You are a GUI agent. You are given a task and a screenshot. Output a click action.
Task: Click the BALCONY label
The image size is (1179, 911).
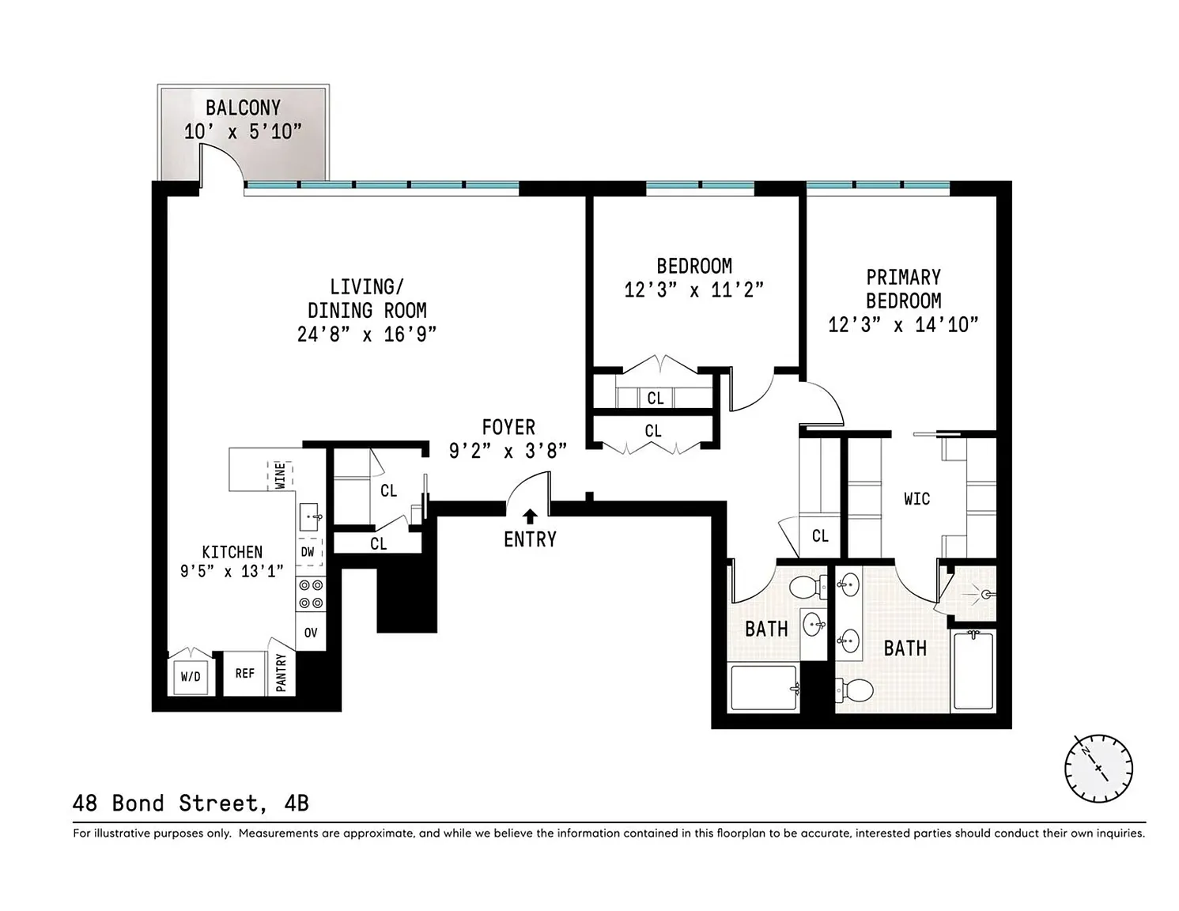[x=243, y=108]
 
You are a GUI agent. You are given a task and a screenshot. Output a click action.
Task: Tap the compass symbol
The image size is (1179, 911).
[x=1098, y=769]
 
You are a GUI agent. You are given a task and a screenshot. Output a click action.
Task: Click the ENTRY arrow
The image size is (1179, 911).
[x=530, y=516]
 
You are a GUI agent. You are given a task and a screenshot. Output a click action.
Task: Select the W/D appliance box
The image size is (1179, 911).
[x=191, y=675]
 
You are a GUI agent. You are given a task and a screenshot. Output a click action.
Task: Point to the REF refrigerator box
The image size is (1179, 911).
[x=244, y=673]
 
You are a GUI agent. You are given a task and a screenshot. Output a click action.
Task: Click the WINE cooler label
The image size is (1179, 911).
[x=281, y=475]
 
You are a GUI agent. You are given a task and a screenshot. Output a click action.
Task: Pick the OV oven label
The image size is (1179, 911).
[x=310, y=632]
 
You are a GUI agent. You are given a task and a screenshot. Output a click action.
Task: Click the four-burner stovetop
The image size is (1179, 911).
[x=311, y=594]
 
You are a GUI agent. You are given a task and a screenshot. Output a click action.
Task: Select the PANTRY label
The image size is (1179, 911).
[x=281, y=673]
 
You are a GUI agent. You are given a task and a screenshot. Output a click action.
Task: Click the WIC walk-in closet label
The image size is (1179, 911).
[x=917, y=499]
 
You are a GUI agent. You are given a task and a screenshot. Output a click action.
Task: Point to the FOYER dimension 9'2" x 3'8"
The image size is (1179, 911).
[x=508, y=450]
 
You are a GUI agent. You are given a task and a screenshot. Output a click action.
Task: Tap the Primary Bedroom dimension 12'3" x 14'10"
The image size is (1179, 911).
[x=903, y=324]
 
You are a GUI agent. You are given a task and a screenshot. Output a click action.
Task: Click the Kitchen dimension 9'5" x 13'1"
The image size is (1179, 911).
[x=232, y=571]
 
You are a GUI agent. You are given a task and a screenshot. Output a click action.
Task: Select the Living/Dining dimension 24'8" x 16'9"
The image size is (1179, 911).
[x=367, y=335]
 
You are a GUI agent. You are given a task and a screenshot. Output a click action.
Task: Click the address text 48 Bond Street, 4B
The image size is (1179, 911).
[x=191, y=803]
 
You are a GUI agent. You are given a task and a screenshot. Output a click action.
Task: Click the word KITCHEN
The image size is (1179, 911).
[x=232, y=552]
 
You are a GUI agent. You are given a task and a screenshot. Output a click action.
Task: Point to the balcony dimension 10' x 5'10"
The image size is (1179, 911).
[x=243, y=131]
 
